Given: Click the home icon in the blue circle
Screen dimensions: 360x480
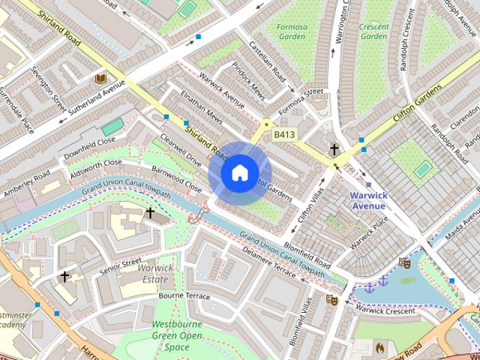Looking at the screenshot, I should coord(238,172).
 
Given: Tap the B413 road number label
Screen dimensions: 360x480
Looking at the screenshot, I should coord(284,134).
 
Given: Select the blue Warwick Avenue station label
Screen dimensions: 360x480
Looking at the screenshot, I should coord(367,200).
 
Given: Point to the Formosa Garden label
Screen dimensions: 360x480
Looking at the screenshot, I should coord(290,31).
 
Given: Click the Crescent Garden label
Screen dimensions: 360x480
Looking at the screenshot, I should coord(373,31).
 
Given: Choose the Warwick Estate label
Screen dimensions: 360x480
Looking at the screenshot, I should coord(157,273).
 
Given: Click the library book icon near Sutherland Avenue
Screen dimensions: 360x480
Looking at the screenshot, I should coord(100,78).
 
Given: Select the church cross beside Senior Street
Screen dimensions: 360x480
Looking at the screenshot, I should coord(64,277).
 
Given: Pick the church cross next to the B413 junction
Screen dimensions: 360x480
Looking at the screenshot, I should coord(334,149).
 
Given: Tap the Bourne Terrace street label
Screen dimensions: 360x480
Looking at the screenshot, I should coord(184,296).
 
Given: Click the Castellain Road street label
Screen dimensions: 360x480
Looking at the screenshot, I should coord(268,61).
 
